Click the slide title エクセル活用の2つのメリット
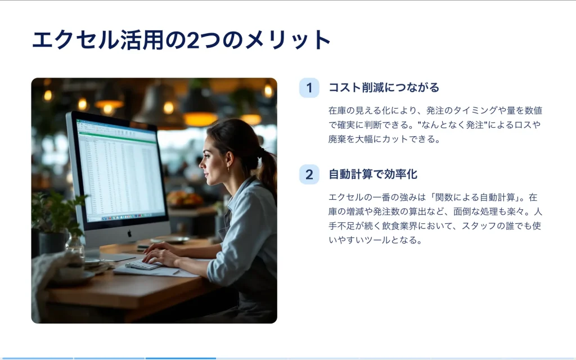(x=182, y=39)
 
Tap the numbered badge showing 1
(x=309, y=88)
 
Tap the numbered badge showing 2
(x=309, y=174)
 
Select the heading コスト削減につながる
(x=384, y=87)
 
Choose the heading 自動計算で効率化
(x=373, y=174)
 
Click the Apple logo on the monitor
(x=129, y=233)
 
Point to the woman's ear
(x=229, y=161)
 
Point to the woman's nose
(x=202, y=164)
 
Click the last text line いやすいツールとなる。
(x=375, y=240)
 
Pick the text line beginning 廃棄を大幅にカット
(x=384, y=139)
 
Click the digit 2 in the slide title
(x=193, y=40)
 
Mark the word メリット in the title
(x=287, y=40)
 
